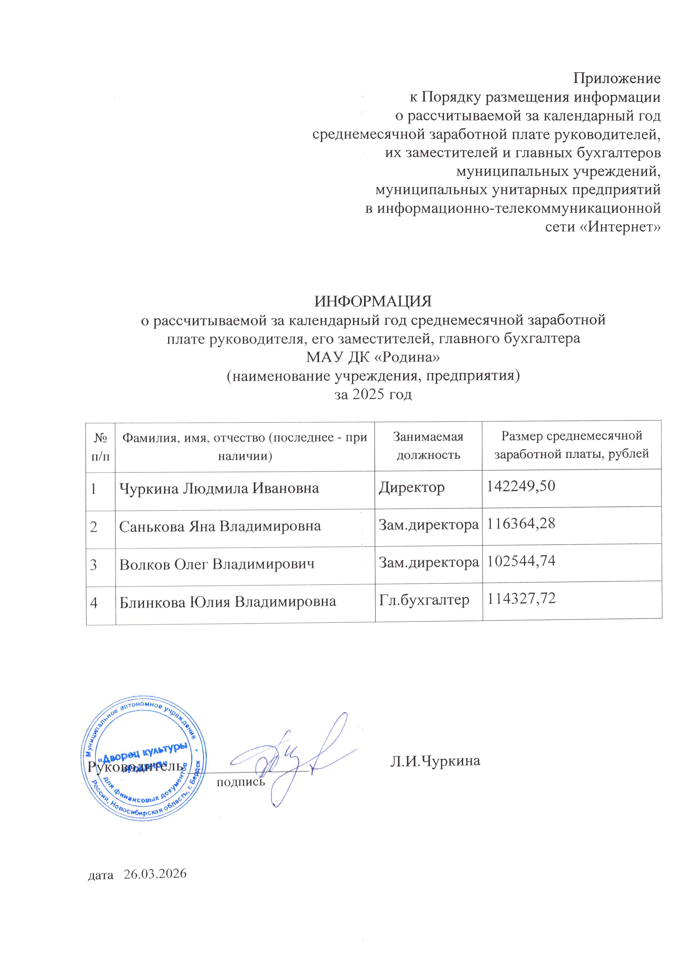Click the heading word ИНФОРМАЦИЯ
(373, 302)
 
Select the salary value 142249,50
(521, 486)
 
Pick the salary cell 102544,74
(521, 561)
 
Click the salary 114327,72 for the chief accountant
(521, 599)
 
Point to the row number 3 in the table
(94, 565)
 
